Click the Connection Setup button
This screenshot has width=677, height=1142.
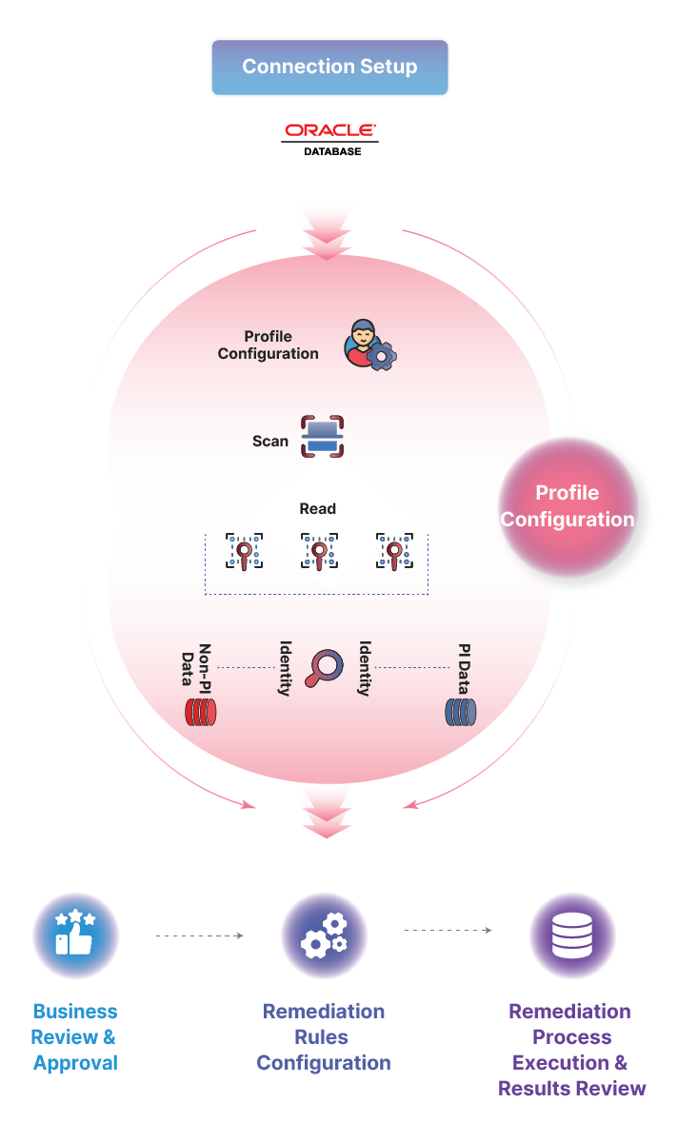point(329,67)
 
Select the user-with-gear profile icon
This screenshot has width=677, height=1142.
point(369,345)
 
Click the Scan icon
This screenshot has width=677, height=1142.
point(322,438)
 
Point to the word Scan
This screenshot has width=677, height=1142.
point(270,442)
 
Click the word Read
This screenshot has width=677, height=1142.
point(318,509)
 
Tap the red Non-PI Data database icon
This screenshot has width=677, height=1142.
point(201,712)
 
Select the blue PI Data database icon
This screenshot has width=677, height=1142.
point(461,712)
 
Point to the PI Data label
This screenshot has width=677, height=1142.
point(464,665)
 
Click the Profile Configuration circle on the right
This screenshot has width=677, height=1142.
point(567,506)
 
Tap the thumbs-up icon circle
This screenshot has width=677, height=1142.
point(76,935)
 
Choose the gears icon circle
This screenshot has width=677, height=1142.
point(324,935)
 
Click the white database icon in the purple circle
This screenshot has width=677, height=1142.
point(572,935)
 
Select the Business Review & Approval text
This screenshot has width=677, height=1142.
point(75,1036)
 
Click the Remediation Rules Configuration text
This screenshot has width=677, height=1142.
point(324,1036)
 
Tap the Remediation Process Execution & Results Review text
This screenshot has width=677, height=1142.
point(571,1050)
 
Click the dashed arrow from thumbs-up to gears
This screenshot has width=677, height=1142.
point(200,936)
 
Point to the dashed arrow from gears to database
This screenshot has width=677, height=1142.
point(448,930)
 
